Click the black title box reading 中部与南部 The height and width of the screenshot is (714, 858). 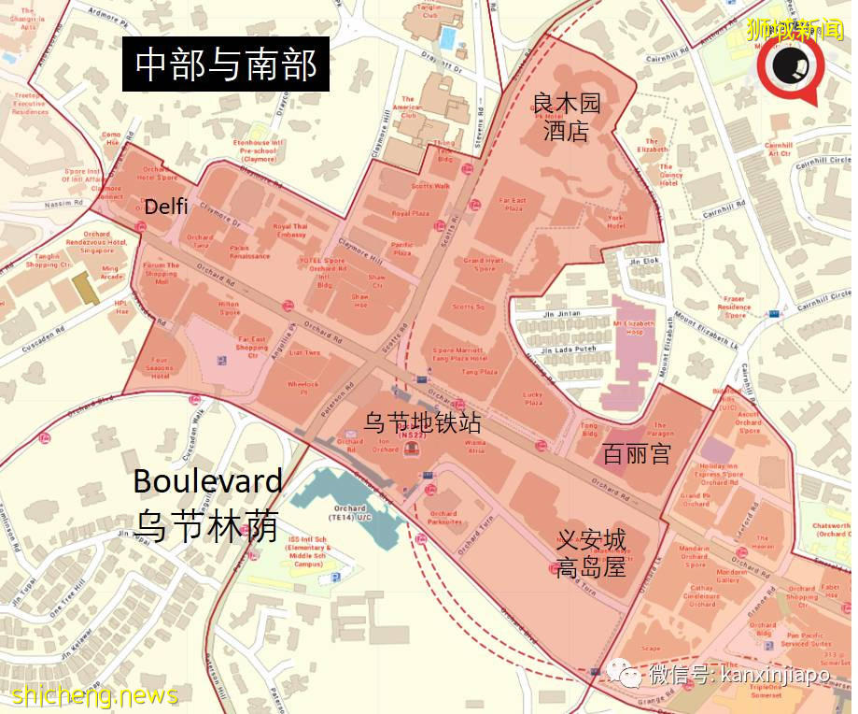(x=226, y=65)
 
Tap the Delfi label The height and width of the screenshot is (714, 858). (x=165, y=207)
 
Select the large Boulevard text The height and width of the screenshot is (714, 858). (x=207, y=481)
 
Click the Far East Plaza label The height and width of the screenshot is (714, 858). (x=512, y=203)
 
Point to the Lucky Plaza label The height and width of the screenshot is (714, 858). (x=533, y=398)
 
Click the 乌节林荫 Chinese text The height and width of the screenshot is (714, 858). (x=207, y=525)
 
